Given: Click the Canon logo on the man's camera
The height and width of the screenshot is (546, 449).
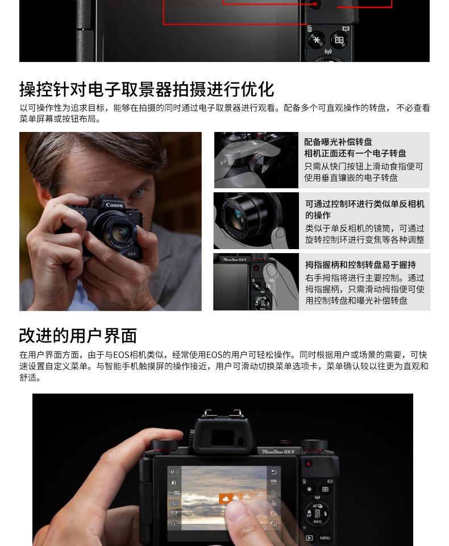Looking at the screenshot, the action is [x=114, y=205].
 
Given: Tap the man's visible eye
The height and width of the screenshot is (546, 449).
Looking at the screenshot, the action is [x=139, y=192].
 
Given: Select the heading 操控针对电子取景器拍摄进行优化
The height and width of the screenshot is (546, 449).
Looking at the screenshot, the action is [x=147, y=89].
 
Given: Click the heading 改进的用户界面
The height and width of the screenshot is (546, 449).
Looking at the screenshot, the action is [x=78, y=336].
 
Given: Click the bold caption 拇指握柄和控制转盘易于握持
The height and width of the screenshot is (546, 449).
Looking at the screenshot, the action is [x=360, y=264].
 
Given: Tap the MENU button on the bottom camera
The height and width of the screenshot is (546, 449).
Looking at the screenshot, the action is [x=325, y=537].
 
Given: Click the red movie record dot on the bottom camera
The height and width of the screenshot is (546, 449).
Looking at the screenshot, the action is [x=308, y=464].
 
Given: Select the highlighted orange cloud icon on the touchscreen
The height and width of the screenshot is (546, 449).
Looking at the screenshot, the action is [x=225, y=499].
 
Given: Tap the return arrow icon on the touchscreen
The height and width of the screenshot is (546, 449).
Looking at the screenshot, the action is [x=273, y=472].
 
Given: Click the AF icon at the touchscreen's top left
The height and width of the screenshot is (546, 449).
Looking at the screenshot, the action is [x=174, y=472].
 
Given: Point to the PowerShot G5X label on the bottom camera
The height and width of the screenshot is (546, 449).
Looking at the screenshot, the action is [x=278, y=452].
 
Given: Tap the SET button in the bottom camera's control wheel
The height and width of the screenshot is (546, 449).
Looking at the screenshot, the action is [x=317, y=513].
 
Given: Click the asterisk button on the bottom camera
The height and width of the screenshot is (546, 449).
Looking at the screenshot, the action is [x=309, y=489].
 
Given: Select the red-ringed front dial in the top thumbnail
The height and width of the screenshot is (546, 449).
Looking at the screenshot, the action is [x=258, y=163].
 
